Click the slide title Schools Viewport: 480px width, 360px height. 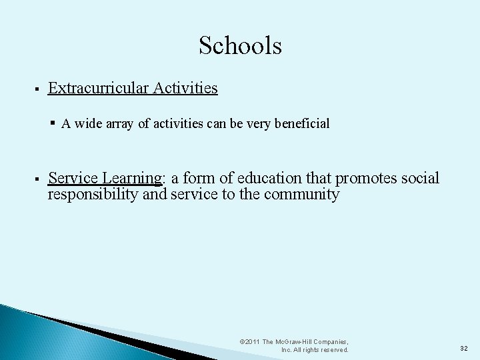[240, 46]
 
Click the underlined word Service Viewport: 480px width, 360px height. [72, 179]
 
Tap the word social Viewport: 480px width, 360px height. [420, 179]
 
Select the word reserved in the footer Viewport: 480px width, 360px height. [334, 349]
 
